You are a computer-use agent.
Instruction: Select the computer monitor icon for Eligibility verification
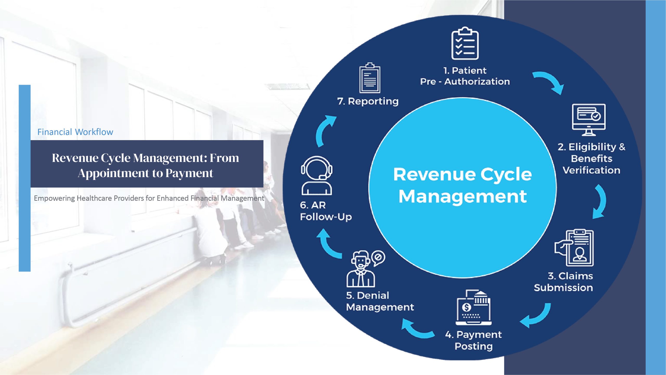tap(589, 120)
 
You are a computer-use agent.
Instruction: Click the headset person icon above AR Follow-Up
tap(317, 175)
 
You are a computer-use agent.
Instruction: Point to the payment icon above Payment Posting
tap(473, 307)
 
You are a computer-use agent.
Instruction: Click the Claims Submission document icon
tap(574, 248)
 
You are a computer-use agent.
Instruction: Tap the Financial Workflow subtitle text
tap(75, 132)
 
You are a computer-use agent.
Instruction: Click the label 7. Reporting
tap(368, 101)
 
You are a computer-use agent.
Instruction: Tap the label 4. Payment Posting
tap(473, 340)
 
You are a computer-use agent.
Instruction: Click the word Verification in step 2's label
tap(591, 170)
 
